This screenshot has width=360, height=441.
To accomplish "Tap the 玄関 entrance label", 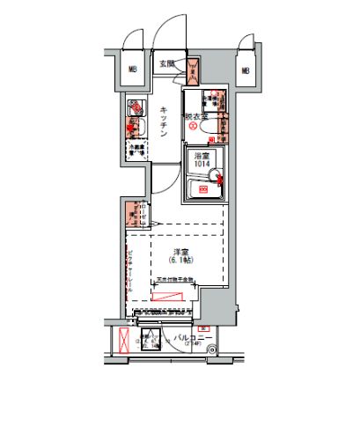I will (167, 63).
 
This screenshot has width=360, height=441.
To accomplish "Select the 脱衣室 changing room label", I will (195, 115).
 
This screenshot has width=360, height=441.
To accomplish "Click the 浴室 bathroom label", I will (202, 155).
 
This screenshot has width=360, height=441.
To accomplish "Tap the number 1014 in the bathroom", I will (202, 164).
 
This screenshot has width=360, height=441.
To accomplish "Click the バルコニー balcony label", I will (188, 337).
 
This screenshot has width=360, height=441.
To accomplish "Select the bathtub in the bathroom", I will (203, 188).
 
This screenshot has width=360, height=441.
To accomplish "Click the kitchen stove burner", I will (134, 130).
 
